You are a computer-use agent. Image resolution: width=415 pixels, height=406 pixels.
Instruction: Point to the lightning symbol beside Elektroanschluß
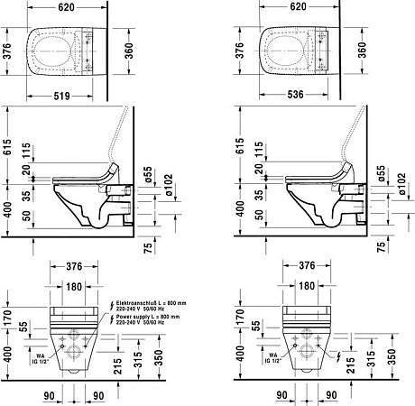[x=110, y=305]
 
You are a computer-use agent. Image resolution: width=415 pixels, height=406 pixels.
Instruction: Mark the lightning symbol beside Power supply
[x=110, y=318]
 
